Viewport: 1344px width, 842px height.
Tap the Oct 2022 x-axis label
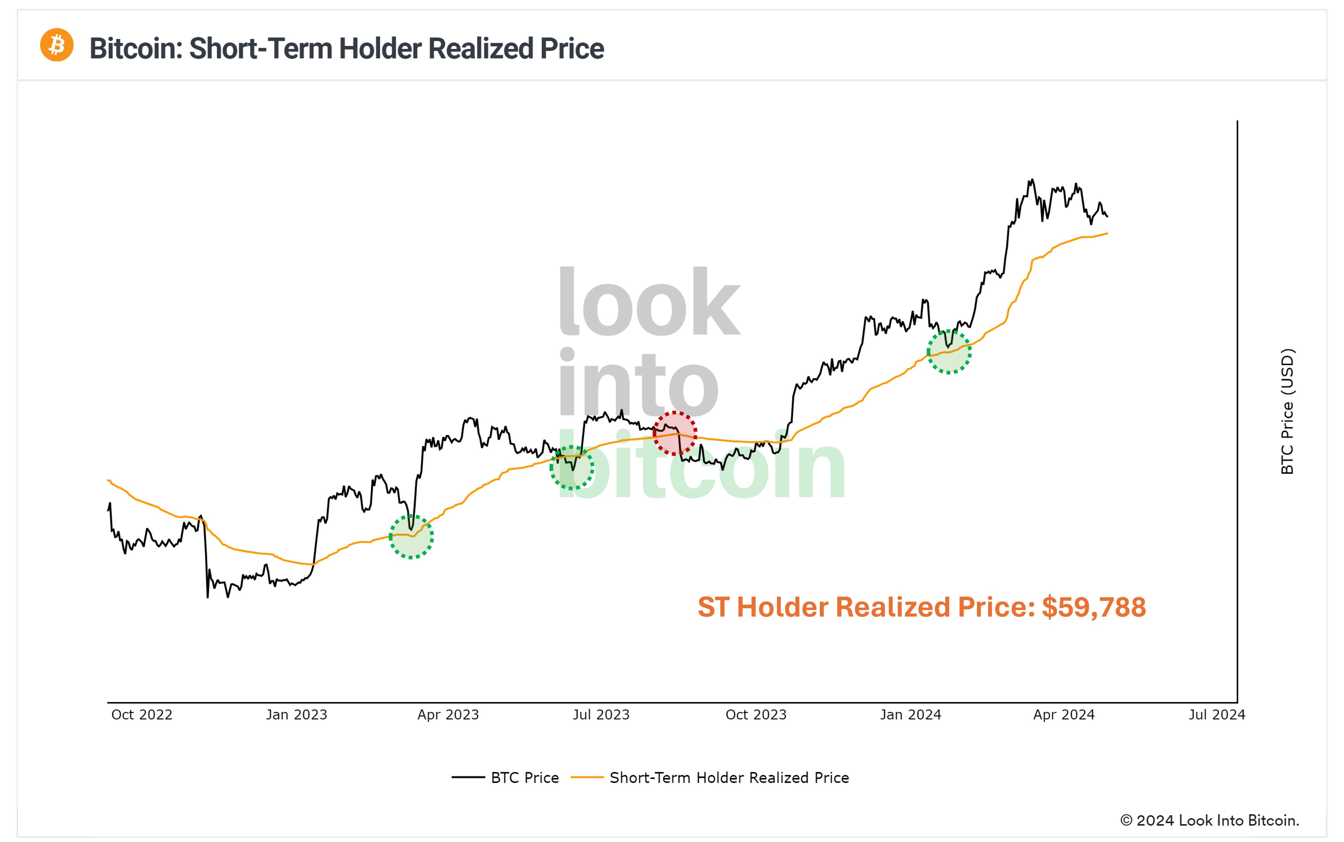[x=142, y=715]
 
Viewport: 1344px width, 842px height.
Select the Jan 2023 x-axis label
[x=296, y=715]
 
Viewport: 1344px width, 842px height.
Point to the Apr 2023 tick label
[x=448, y=715]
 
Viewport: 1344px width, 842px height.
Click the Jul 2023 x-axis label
[x=601, y=715]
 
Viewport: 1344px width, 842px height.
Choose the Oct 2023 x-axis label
[x=756, y=715]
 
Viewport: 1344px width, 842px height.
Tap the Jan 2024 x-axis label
[x=911, y=715]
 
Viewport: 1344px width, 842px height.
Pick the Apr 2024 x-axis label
[x=1064, y=715]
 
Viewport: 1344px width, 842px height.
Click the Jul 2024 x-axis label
[x=1217, y=715]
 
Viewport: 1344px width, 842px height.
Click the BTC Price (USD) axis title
[x=1287, y=411]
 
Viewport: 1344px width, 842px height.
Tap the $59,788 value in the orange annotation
[x=1094, y=607]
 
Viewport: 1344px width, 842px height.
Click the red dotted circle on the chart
[x=674, y=433]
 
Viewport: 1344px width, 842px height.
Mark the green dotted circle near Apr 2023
[x=411, y=536]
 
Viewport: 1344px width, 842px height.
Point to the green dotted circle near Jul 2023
[x=572, y=468]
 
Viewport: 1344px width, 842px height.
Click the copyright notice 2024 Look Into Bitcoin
[x=1209, y=820]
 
